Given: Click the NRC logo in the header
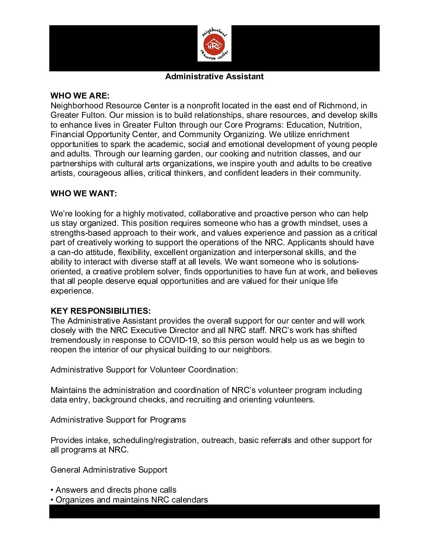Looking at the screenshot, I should click(214, 44).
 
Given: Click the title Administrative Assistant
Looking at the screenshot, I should click(214, 76).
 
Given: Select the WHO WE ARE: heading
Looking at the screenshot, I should click(80, 96).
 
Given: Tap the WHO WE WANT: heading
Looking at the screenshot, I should click(84, 194).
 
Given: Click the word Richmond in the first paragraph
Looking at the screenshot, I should click(338, 106).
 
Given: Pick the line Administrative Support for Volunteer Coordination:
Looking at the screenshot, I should click(144, 370).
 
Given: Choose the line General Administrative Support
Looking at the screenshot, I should click(109, 470).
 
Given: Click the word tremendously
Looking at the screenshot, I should click(76, 340).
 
